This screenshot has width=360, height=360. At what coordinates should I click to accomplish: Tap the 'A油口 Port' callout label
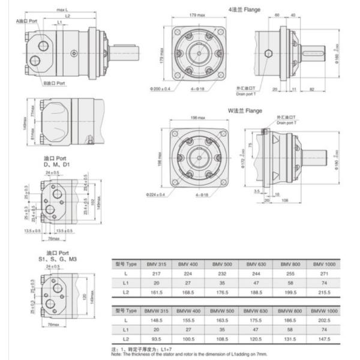tap(29, 20)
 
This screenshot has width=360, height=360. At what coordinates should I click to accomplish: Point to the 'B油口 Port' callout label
tap(56, 84)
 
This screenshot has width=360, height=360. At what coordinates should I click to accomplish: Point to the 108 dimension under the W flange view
tap(287, 200)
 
